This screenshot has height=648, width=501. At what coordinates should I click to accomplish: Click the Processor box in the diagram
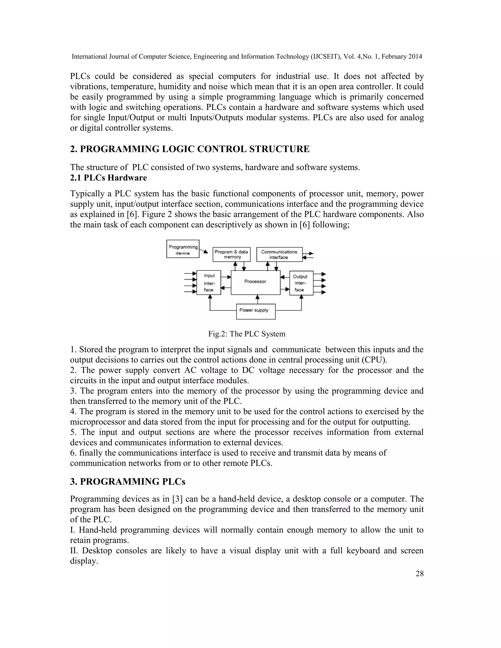click(255, 282)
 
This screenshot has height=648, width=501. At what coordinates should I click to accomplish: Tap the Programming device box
click(183, 249)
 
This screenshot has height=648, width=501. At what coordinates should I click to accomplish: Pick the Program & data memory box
click(231, 254)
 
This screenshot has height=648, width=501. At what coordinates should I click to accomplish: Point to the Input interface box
click(209, 282)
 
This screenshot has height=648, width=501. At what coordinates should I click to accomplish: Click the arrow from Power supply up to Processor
click(257, 299)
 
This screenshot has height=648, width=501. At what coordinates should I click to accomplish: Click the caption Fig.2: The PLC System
click(247, 334)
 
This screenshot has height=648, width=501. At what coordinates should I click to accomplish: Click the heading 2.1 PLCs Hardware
click(108, 178)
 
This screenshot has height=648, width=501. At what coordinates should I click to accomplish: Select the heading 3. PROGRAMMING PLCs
click(128, 481)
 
